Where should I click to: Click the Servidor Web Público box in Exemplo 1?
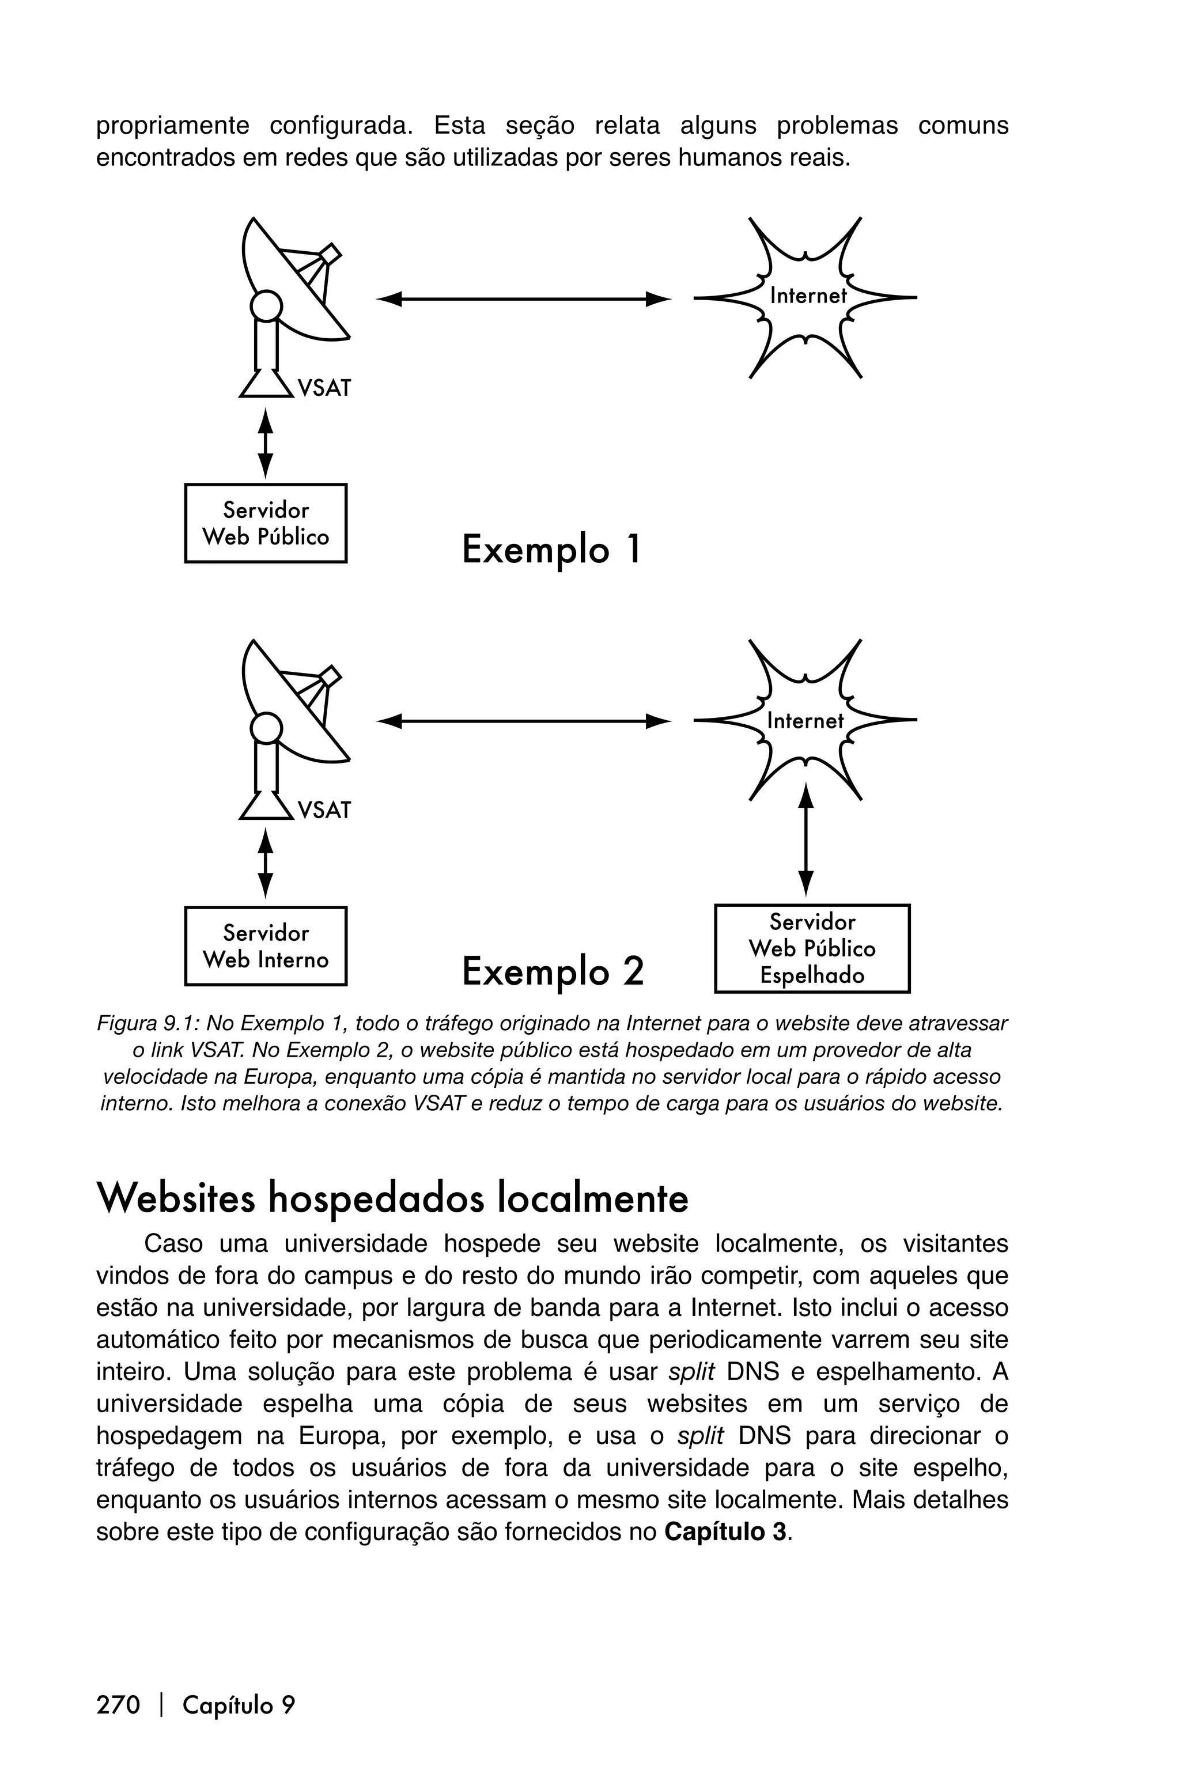point(266,523)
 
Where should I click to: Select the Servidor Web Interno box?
point(266,946)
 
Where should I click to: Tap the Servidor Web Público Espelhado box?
point(812,948)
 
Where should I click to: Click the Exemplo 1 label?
point(551,549)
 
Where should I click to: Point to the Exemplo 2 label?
point(553,971)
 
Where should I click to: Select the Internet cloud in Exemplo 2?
point(805,721)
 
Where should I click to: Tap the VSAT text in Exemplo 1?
point(324,388)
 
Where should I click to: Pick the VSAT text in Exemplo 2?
point(324,811)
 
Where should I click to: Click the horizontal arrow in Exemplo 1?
point(523,299)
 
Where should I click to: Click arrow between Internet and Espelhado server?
point(806,839)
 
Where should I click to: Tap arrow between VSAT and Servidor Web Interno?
point(265,863)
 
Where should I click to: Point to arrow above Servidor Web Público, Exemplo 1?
point(265,442)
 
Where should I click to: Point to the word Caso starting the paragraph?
point(173,1243)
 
